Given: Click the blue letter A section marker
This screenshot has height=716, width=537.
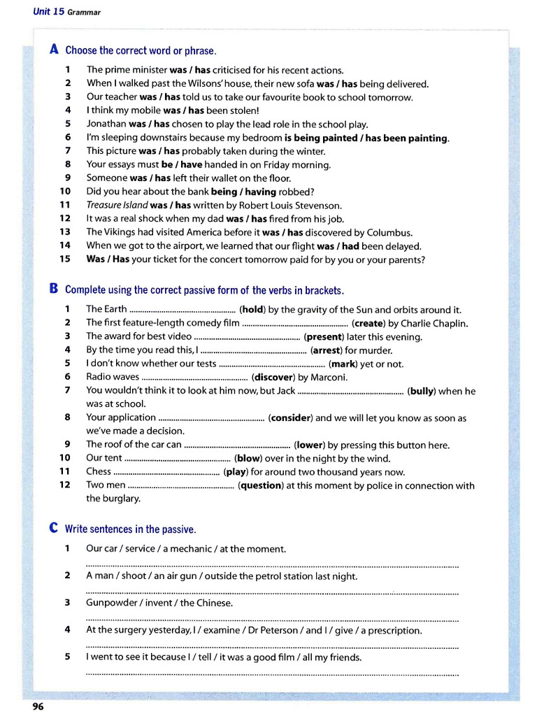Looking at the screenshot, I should [x=54, y=50].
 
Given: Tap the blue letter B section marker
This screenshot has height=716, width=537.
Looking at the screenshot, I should [x=54, y=289].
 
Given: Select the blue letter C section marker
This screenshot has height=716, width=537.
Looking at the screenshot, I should [x=54, y=529].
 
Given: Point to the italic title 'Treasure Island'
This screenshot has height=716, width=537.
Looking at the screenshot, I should [x=117, y=206].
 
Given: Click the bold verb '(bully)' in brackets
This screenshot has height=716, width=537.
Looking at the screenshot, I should [x=421, y=392].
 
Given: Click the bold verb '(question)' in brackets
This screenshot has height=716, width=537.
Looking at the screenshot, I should [x=262, y=486].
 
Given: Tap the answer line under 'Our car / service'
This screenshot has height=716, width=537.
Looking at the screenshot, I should [x=272, y=565].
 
